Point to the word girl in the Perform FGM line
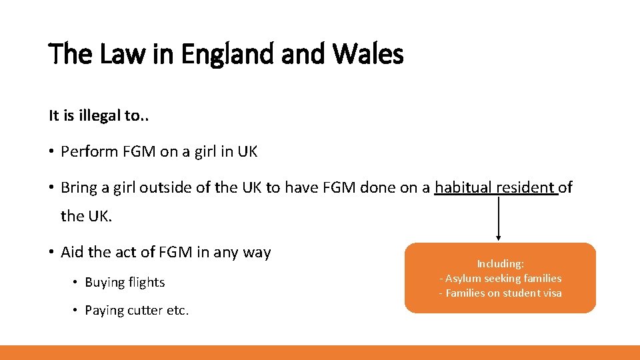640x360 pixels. pyautogui.click(x=203, y=152)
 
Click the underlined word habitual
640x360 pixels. pyautogui.click(x=463, y=188)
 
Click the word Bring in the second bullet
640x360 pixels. pyautogui.click(x=78, y=188)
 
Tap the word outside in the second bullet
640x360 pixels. pyautogui.click(x=167, y=188)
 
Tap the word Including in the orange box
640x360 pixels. pyautogui.click(x=500, y=264)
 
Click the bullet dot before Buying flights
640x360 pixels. pyautogui.click(x=75, y=283)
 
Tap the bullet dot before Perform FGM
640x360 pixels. pyautogui.click(x=51, y=152)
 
